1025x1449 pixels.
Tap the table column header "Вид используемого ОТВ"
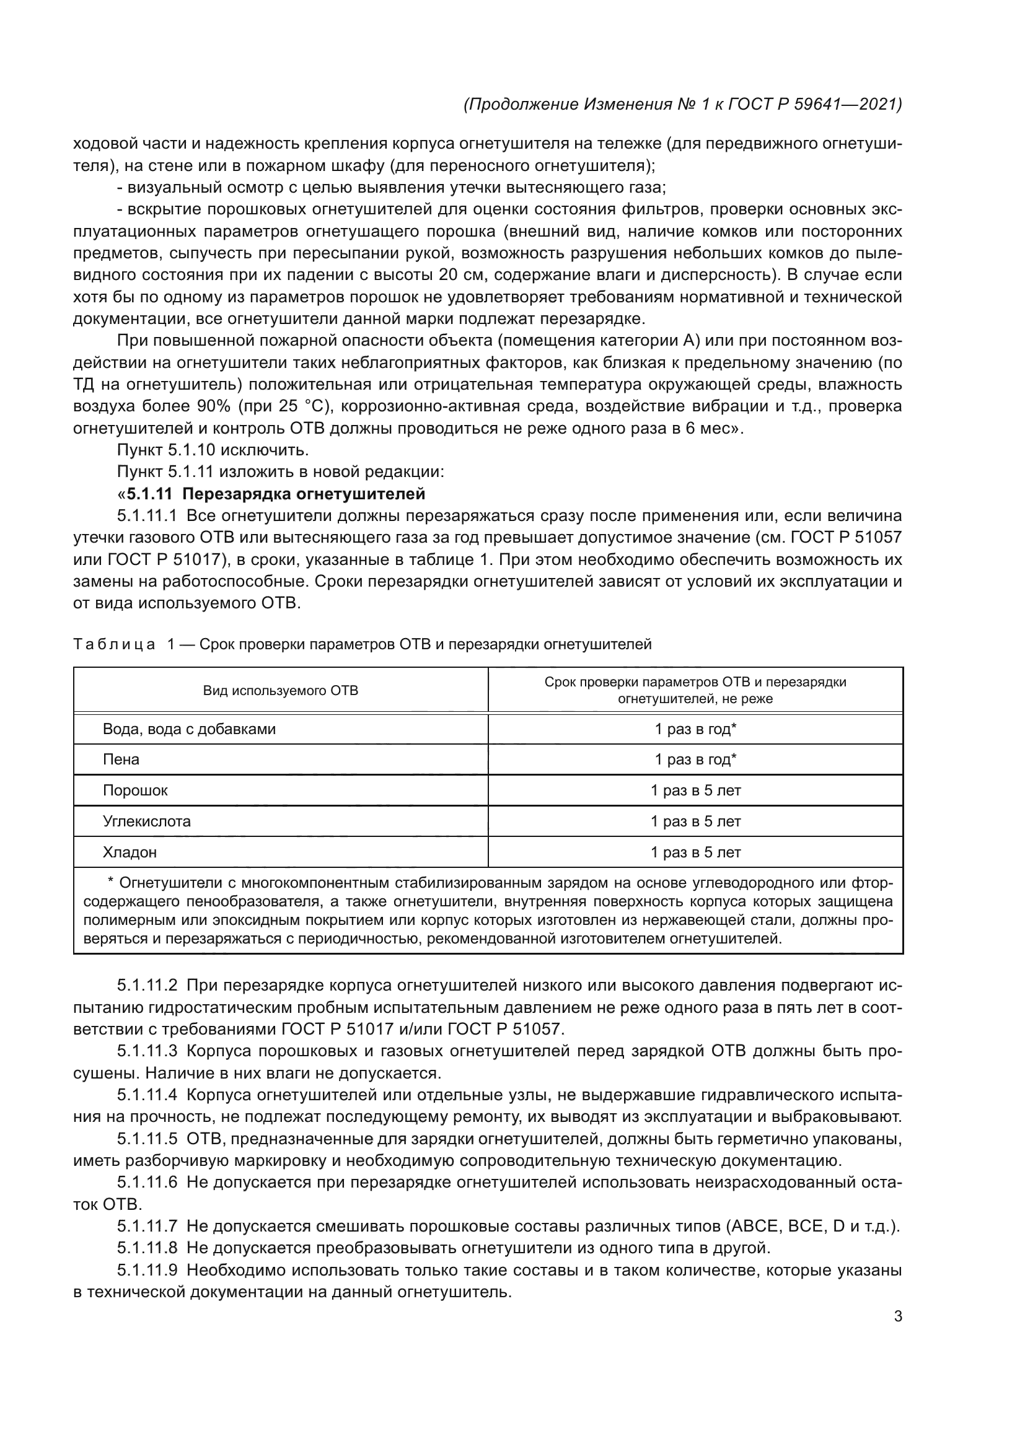coord(280,690)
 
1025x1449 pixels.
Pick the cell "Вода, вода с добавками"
coord(189,729)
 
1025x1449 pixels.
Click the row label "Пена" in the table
coord(121,760)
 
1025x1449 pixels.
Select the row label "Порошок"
coord(135,790)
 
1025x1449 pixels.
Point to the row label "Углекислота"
coord(146,821)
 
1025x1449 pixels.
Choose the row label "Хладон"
coord(130,852)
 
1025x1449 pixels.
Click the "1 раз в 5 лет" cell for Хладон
coord(695,852)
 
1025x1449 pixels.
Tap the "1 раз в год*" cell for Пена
coord(695,760)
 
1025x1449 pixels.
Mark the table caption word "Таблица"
coord(113,644)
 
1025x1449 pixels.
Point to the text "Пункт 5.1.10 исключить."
coord(213,450)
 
